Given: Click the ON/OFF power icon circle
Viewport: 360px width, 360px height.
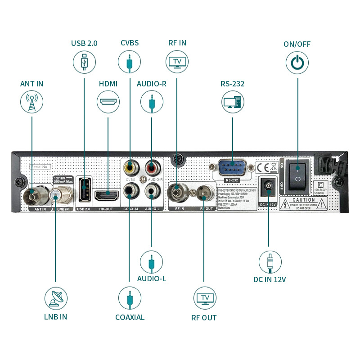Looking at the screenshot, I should point(297,62).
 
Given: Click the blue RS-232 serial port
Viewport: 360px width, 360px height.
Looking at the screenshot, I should point(232,169).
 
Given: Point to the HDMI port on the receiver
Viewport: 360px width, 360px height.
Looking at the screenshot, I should point(107,196).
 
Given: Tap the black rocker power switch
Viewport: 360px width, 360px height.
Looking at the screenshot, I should point(297,174).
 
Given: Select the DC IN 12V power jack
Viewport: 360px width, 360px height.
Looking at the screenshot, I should point(268,186).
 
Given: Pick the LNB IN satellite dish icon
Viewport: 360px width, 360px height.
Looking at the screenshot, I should point(56,297).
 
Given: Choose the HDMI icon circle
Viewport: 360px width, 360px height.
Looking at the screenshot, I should point(108,102).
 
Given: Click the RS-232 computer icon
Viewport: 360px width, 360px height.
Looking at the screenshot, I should point(233,102).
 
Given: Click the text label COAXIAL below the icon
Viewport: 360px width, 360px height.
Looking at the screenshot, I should point(130,317).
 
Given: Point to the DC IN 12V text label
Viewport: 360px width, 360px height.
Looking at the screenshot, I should point(270,279).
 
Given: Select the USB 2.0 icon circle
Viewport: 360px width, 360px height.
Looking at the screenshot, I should point(84,62).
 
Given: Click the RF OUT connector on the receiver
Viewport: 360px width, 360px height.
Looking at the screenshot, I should point(203,194).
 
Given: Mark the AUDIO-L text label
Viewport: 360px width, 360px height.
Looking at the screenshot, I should point(151,279).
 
